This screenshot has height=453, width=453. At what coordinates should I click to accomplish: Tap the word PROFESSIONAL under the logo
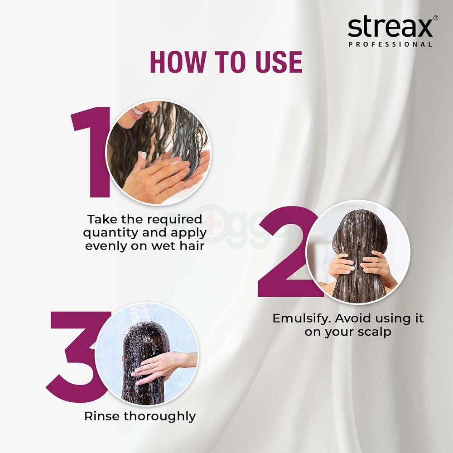[390, 44]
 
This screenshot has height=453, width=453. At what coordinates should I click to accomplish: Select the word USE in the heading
[279, 63]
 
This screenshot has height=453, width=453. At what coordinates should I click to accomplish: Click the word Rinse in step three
[102, 416]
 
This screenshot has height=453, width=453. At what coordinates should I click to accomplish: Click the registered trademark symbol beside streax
[436, 18]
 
